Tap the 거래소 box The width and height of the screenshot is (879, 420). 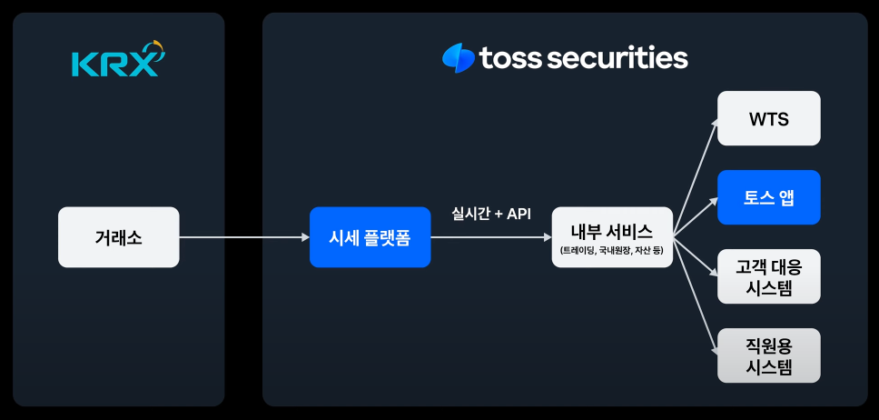pos(118,237)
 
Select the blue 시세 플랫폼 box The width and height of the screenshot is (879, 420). pos(370,237)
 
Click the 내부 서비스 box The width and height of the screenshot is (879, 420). pos(612,237)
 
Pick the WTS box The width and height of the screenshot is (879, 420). pos(768,118)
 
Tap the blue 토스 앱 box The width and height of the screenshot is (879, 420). pos(768,197)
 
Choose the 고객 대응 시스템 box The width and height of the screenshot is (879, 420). pos(768,276)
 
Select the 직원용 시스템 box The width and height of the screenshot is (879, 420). pos(768,355)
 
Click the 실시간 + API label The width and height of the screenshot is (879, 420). pos(491,214)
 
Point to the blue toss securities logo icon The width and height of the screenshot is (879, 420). pos(458,58)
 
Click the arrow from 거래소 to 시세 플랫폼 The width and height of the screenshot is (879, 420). pos(243,237)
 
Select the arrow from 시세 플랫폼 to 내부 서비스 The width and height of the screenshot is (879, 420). pos(490,237)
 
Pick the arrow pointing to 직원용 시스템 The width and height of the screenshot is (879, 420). pos(696,300)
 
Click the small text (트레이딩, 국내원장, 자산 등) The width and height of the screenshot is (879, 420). pos(612,250)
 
